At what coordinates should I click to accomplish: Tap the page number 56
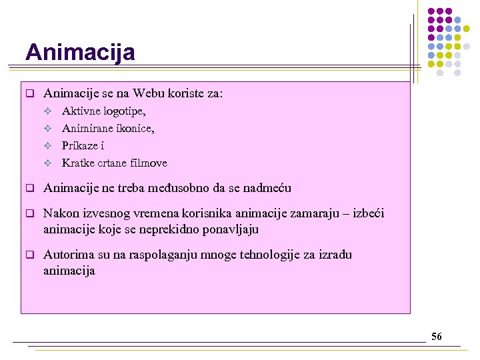(436, 337)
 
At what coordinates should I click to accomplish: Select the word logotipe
(123, 111)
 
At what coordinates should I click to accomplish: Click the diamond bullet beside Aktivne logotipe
(48, 111)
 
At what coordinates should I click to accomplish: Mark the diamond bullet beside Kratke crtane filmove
(48, 163)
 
